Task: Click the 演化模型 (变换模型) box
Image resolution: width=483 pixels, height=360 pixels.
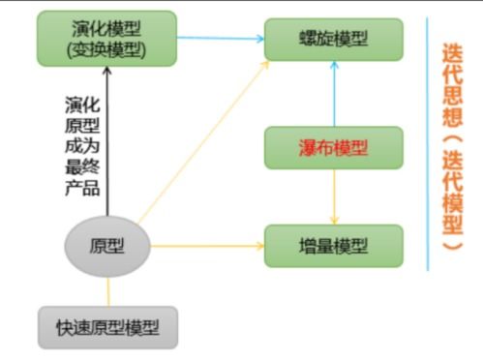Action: (x=108, y=37)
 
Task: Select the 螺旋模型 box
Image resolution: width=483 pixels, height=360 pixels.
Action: (x=334, y=39)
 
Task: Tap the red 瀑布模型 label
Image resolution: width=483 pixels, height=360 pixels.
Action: (x=334, y=148)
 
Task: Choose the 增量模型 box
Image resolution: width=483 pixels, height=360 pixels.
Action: (x=334, y=245)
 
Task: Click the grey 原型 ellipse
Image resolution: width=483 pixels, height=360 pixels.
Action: (x=107, y=245)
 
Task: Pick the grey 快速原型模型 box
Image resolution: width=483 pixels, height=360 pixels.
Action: (x=108, y=329)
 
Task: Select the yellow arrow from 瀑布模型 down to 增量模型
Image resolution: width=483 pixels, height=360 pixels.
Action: (x=334, y=197)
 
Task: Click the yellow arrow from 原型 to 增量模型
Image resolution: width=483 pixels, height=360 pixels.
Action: (x=208, y=245)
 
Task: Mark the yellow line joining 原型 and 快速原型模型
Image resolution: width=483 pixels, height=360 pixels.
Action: (x=107, y=290)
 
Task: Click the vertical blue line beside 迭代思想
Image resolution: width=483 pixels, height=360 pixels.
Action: (x=427, y=145)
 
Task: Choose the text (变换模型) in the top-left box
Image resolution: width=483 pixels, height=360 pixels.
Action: (x=108, y=48)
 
